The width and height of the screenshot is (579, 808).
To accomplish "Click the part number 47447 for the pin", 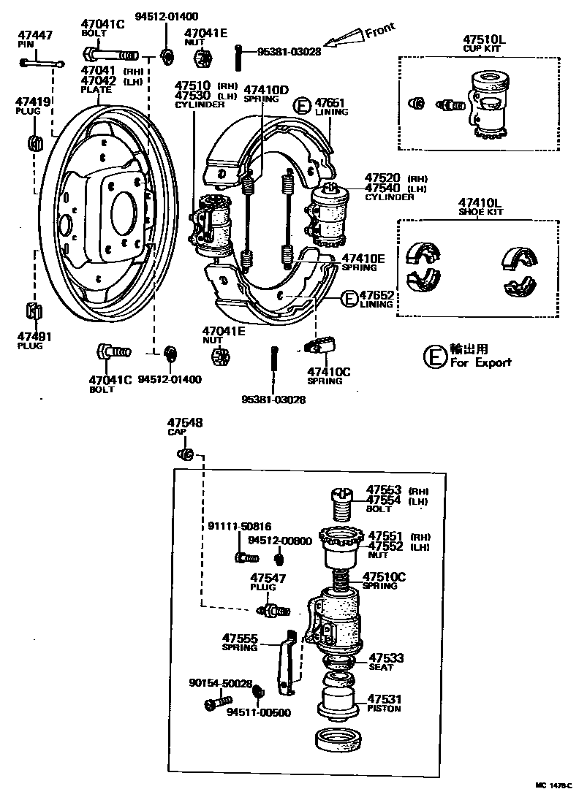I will [34, 34].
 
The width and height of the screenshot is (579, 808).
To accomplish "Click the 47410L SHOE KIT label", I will [480, 207].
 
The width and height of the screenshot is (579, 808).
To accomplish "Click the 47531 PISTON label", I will [385, 703].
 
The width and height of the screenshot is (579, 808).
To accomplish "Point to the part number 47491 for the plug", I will [34, 337].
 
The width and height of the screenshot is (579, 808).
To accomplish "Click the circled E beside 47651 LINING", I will [302, 107].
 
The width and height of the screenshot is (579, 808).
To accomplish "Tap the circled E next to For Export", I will [434, 357].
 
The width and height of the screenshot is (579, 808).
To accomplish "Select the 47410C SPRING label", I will [328, 376].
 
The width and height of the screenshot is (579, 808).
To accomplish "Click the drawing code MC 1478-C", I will [553, 785].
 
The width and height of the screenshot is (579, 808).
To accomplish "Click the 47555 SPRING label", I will [241, 641].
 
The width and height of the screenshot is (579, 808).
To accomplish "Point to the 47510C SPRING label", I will [384, 580].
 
